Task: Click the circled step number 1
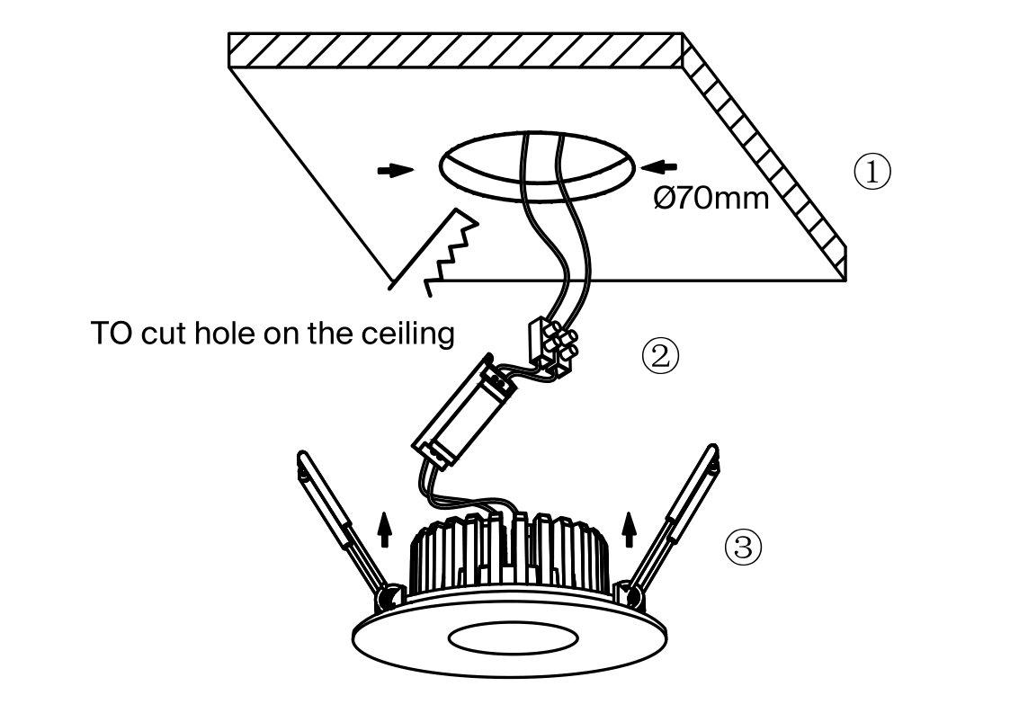871,171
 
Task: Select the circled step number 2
659,357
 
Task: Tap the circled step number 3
743,547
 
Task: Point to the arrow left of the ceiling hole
395,170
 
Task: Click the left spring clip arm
337,521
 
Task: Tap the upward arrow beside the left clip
386,529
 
